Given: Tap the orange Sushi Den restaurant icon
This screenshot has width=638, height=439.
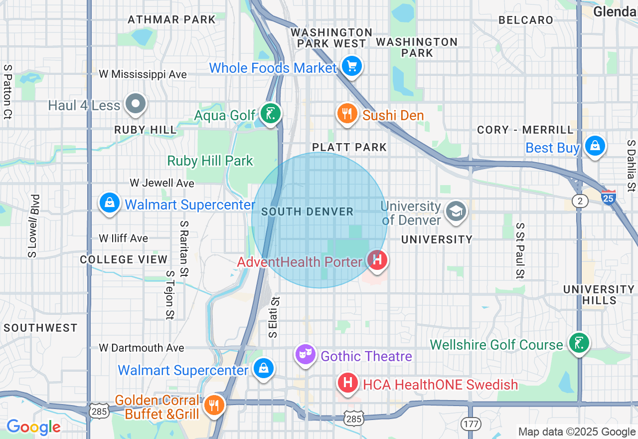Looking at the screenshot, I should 347,114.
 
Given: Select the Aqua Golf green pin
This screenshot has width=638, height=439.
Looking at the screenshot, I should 270,114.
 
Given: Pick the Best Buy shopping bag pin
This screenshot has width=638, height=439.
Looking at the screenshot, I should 595,146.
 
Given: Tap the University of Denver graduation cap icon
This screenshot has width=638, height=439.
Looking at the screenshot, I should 456,212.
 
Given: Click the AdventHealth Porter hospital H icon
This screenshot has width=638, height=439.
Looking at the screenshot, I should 377,260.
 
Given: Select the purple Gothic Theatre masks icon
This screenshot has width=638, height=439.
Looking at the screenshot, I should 305,354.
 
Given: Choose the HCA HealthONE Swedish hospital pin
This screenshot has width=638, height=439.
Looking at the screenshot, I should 348,383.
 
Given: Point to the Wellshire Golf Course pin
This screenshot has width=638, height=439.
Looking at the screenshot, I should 578,343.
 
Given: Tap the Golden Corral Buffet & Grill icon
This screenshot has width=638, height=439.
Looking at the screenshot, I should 214,405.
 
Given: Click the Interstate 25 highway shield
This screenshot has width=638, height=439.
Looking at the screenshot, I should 609,197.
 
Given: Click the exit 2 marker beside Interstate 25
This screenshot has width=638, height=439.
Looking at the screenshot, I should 580,201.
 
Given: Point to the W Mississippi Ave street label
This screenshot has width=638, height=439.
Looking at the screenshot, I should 143,74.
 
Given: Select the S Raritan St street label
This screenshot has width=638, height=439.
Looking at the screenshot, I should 184,249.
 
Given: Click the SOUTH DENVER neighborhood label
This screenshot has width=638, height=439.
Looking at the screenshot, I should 307,212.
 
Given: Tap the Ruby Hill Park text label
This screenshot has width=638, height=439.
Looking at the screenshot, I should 210,161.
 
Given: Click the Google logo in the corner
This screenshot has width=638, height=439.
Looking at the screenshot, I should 33,427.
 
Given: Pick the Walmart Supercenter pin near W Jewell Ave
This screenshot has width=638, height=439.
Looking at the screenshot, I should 110,203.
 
